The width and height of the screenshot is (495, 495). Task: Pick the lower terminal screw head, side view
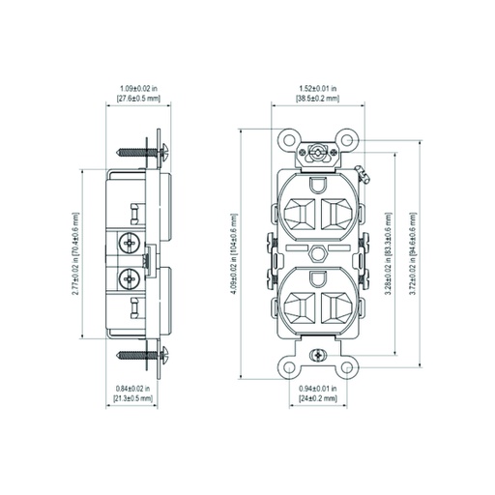pos(127,279)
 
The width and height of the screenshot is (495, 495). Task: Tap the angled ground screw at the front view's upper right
pos(364,177)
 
